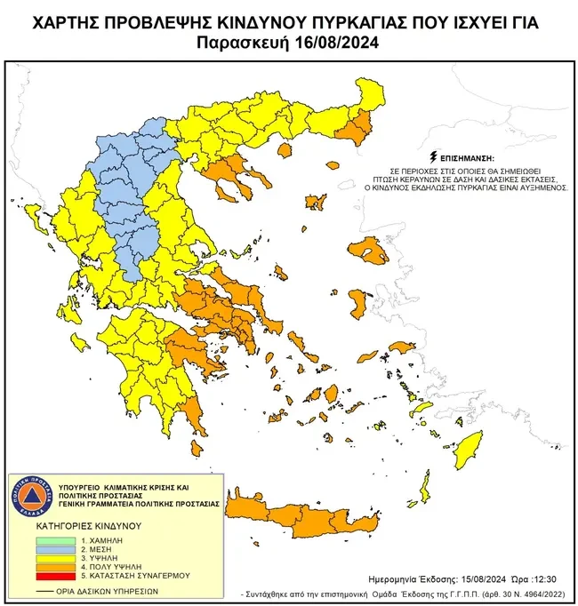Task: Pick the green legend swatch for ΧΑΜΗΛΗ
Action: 58,540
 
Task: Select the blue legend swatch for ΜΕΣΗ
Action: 58,550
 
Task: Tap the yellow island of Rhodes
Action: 464,456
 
